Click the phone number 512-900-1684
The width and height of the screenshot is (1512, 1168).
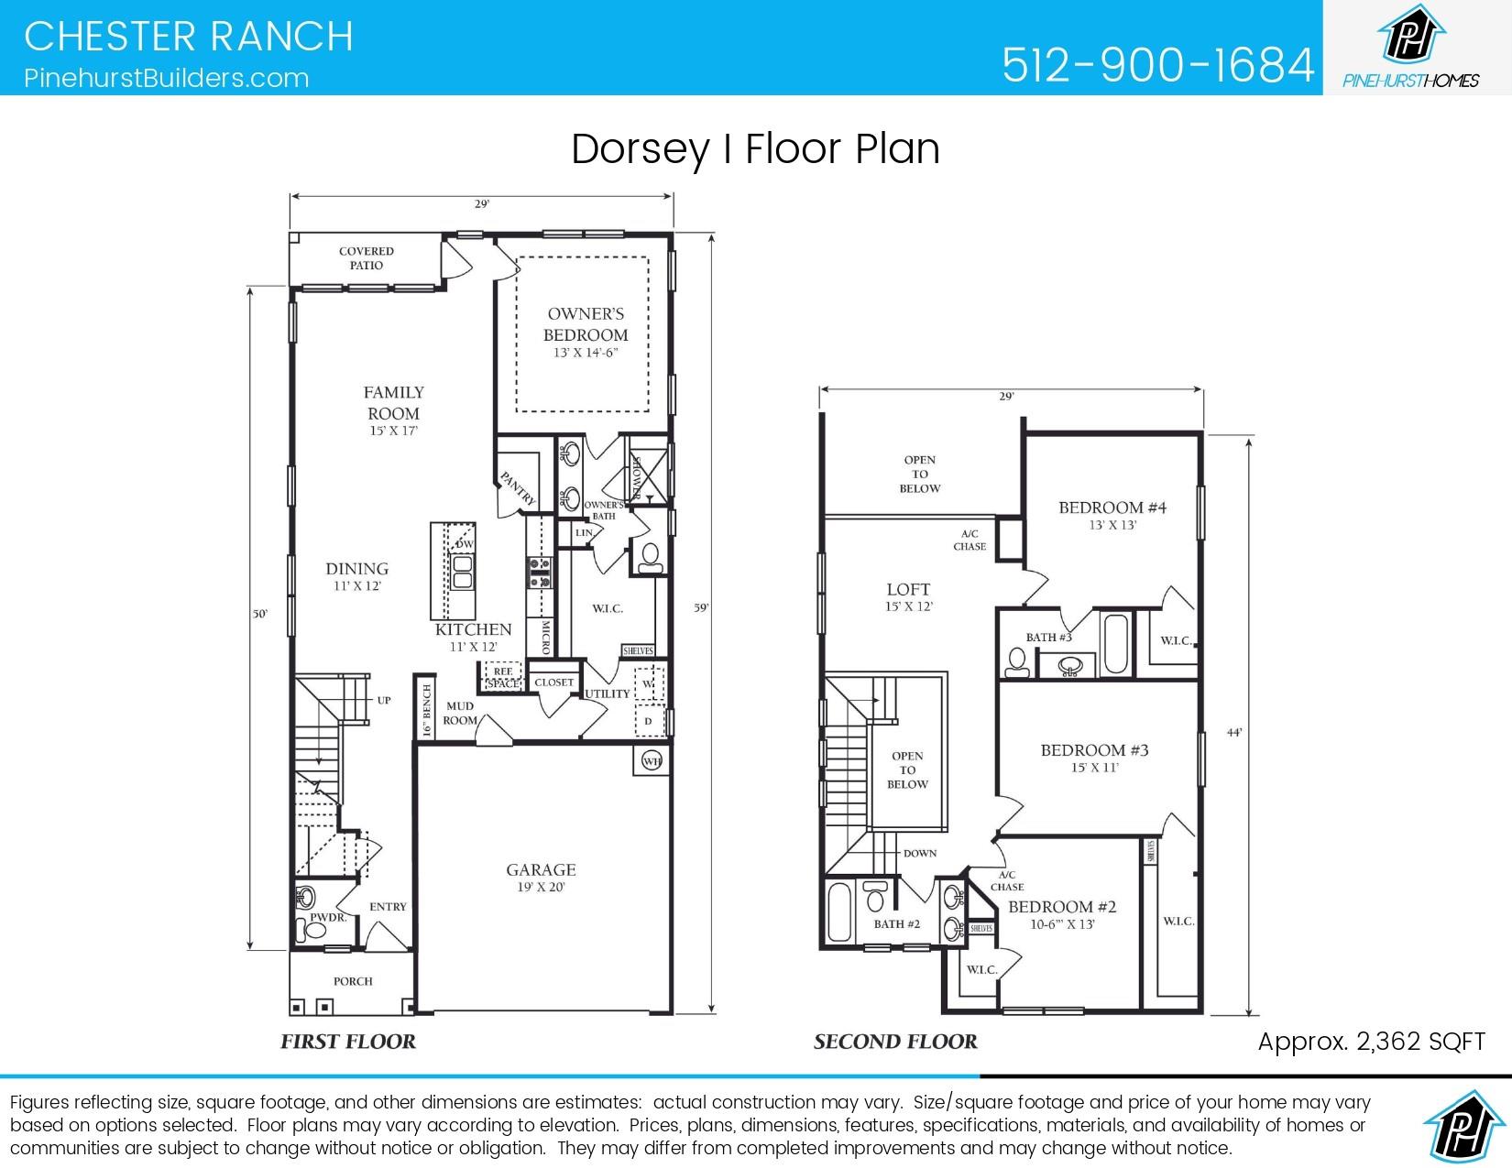click(1157, 64)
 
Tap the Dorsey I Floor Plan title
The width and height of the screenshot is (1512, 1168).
click(755, 149)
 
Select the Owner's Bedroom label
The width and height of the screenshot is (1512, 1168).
click(586, 324)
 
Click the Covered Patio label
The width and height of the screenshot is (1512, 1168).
click(367, 258)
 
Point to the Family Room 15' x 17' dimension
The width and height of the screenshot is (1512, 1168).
click(394, 431)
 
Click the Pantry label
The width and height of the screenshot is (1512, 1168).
click(517, 488)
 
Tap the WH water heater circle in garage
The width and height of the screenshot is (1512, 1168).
click(652, 761)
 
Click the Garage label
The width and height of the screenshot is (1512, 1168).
click(541, 869)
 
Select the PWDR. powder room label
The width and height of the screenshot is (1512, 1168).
click(327, 917)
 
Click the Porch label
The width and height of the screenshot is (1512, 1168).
click(353, 981)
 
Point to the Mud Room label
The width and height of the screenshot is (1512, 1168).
click(460, 713)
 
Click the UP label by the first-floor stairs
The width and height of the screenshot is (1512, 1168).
click(384, 700)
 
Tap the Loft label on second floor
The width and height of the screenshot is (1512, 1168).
click(908, 590)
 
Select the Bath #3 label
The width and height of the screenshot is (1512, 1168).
click(1048, 637)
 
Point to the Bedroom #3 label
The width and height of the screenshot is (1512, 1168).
click(1094, 750)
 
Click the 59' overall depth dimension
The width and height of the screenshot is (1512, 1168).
click(702, 607)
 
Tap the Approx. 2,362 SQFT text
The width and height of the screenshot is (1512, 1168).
click(1371, 1042)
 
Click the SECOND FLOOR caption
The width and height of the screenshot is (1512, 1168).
click(895, 1042)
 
